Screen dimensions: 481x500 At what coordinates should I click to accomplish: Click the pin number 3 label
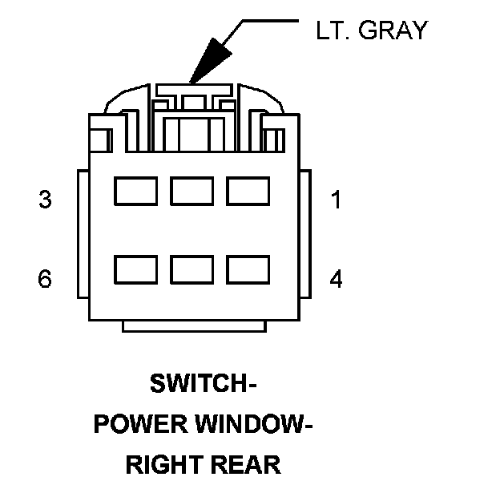pyautogui.click(x=45, y=200)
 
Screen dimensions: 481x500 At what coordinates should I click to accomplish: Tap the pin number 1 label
pyautogui.click(x=336, y=200)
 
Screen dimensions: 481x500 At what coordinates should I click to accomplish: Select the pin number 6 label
pyautogui.click(x=45, y=279)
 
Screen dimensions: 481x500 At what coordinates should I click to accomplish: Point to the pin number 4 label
pyautogui.click(x=336, y=279)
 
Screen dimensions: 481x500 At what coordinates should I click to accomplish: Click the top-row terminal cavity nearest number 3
pyautogui.click(x=135, y=192)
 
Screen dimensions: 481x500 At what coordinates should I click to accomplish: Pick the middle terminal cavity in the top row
pyautogui.click(x=192, y=192)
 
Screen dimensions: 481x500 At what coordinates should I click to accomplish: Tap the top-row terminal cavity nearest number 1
pyautogui.click(x=248, y=192)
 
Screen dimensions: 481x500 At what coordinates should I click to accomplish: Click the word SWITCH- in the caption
pyautogui.click(x=203, y=384)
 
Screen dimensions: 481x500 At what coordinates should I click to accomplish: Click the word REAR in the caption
pyautogui.click(x=248, y=464)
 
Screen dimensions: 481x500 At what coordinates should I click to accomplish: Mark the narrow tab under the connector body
pyautogui.click(x=192, y=326)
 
